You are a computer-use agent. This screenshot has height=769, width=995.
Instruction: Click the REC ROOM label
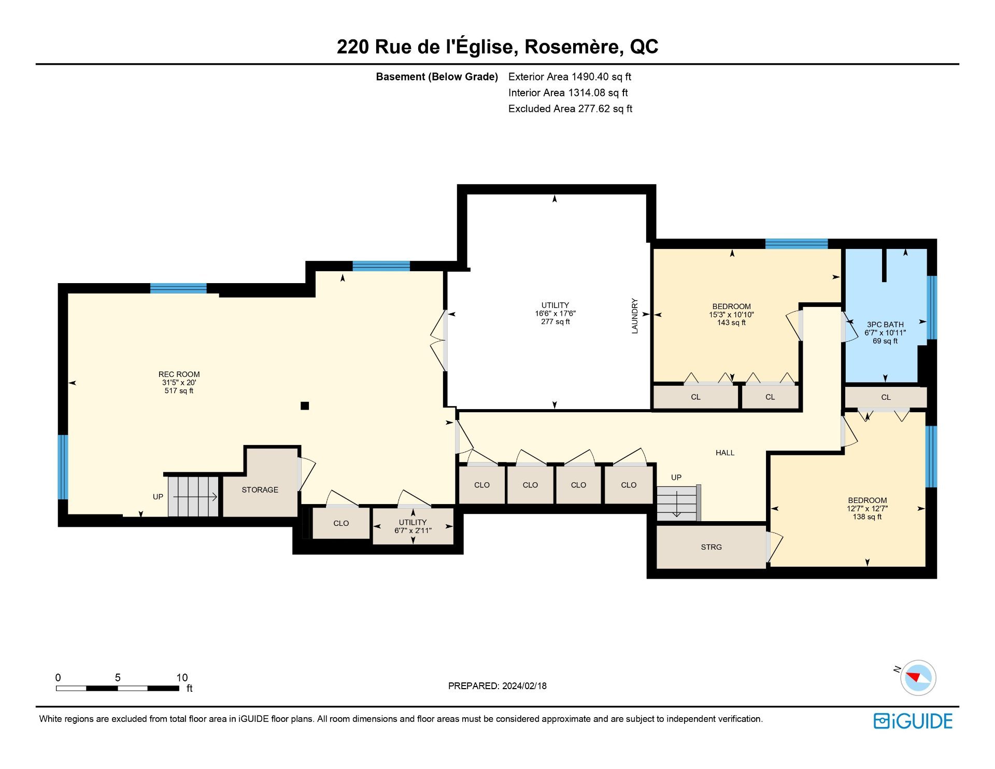(x=179, y=374)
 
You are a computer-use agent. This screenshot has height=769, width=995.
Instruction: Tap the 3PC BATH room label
(x=885, y=325)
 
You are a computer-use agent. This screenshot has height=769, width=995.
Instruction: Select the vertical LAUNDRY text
(x=634, y=316)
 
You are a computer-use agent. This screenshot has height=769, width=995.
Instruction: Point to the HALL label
(x=725, y=453)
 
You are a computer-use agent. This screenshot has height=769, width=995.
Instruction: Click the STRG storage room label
(x=711, y=547)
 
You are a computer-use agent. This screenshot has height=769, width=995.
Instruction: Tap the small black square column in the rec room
(x=305, y=406)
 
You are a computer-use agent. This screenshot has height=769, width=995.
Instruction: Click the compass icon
(x=918, y=677)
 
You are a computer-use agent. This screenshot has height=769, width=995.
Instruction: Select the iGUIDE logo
(x=913, y=721)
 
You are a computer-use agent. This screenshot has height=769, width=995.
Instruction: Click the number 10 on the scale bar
(x=182, y=677)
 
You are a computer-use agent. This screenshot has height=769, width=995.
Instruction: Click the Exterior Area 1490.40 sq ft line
(x=570, y=77)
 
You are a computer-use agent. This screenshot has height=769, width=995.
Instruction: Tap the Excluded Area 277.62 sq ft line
(x=570, y=108)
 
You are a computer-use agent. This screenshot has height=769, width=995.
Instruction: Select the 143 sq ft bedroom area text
(x=731, y=323)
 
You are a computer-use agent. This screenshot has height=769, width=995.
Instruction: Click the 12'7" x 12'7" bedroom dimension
(x=867, y=509)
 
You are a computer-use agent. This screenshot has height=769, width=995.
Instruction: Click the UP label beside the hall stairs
(x=676, y=477)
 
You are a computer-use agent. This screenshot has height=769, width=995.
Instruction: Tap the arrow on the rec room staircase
(x=195, y=497)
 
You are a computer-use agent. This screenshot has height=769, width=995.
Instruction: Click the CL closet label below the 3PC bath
(x=886, y=397)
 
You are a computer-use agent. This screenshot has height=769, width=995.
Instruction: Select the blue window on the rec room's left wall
(x=63, y=467)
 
